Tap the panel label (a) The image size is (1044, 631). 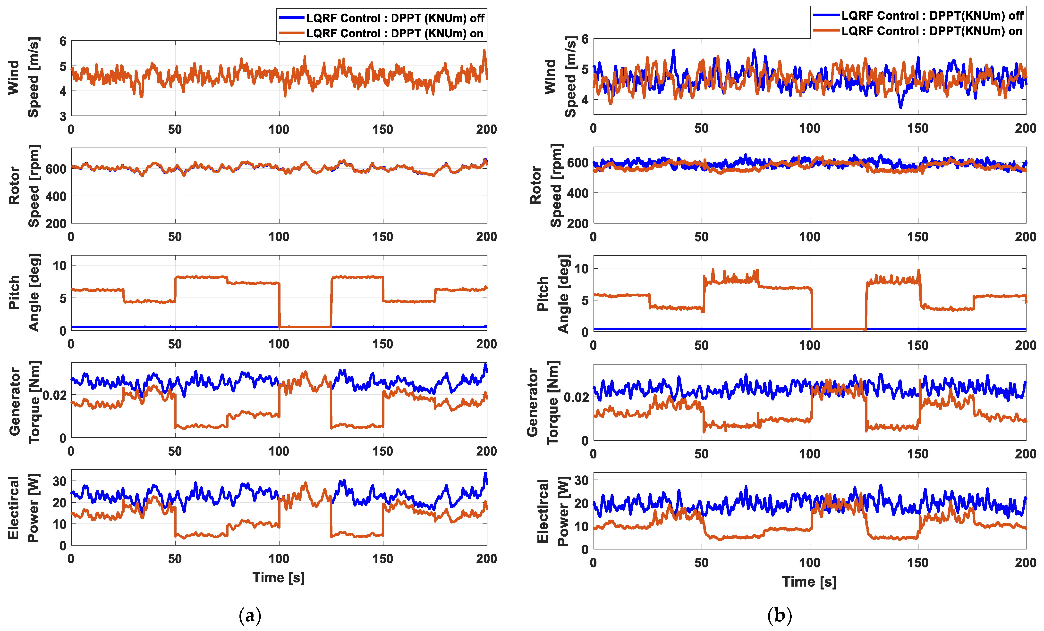coord(250,615)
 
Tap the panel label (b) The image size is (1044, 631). coord(779,615)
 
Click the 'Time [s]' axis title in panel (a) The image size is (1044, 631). coord(278,577)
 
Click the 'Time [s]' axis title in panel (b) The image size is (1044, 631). coord(809,581)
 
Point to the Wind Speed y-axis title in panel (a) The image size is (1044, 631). coord(23,77)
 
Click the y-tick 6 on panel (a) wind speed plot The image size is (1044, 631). coord(63,41)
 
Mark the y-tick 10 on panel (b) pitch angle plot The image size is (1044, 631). coord(581,268)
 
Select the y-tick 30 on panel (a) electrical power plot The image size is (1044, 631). coord(59,481)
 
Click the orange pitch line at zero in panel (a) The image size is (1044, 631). coord(305,327)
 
